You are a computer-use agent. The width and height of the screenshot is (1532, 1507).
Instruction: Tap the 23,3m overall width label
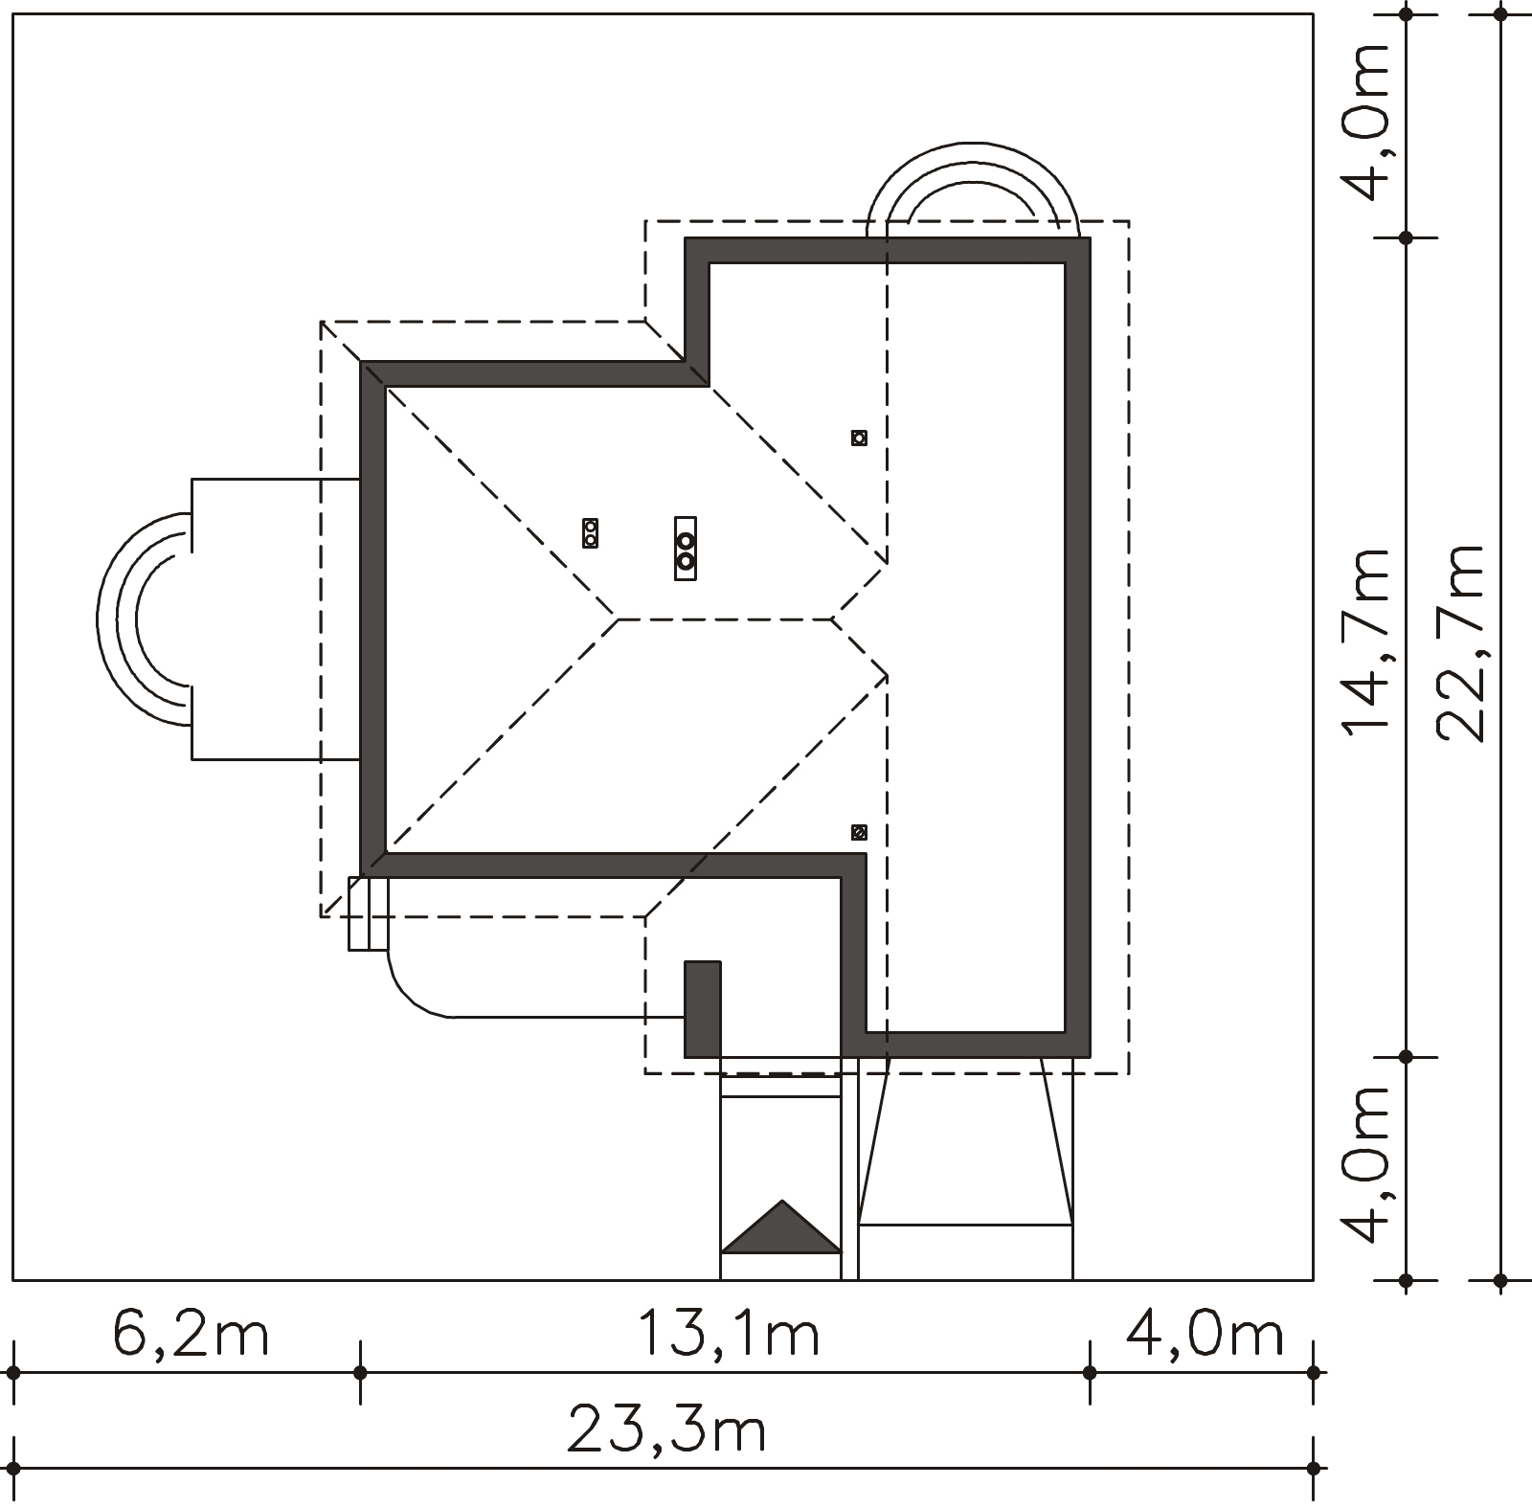pos(666,1430)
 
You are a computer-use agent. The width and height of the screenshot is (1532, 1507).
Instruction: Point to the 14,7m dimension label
pos(1365,641)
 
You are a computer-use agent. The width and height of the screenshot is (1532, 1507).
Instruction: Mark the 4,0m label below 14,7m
pos(1365,1162)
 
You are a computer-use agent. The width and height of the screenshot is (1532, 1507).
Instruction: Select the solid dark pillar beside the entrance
pos(702,1009)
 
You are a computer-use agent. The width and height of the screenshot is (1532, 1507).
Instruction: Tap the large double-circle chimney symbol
pos(686,548)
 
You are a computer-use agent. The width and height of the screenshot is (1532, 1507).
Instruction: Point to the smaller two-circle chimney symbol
pos(590,533)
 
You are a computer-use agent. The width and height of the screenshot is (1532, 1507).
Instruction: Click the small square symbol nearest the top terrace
pos(859,438)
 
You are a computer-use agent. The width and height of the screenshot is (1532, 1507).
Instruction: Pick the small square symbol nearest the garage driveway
pos(859,832)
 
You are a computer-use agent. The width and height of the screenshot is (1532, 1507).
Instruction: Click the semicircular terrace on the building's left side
pos(144,619)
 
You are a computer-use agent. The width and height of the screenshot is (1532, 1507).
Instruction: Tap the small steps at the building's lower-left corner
pos(369,913)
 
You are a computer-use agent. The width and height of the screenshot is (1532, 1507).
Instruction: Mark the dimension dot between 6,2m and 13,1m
pos(360,1373)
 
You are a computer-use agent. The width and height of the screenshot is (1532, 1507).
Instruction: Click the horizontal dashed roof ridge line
pos(725,619)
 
